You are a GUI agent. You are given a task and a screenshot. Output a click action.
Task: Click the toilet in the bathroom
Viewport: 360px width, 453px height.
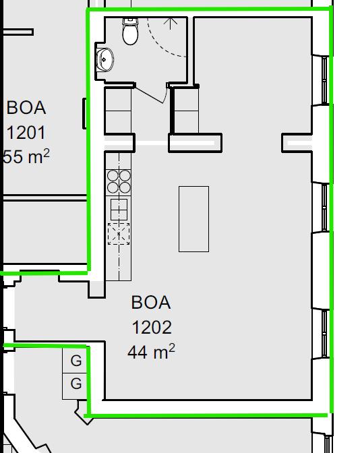[x=130, y=31]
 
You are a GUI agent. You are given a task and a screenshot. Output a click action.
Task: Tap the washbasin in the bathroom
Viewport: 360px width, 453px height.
[x=105, y=59]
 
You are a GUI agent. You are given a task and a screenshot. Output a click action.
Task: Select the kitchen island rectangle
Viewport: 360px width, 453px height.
[x=193, y=219]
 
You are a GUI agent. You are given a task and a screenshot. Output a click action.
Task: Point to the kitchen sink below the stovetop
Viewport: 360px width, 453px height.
[x=119, y=210]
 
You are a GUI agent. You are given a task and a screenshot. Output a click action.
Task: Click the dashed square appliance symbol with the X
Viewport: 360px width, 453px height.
[x=119, y=234]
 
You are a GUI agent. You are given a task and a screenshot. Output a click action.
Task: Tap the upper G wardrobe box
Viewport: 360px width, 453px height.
[x=75, y=360]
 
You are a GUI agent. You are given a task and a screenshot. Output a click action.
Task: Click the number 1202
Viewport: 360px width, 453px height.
[x=152, y=328]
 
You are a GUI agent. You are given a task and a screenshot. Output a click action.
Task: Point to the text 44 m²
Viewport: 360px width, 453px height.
[x=151, y=352]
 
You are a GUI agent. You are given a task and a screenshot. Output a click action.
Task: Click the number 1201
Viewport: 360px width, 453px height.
[x=26, y=133]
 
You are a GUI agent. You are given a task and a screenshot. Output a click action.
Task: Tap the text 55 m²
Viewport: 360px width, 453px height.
[x=26, y=156]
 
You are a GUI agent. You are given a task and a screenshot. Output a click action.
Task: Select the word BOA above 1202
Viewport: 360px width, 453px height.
[x=151, y=302]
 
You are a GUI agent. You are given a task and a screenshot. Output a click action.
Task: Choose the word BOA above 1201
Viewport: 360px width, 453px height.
[x=26, y=108]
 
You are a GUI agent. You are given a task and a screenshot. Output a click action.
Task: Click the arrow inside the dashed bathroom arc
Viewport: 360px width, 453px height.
[x=171, y=23]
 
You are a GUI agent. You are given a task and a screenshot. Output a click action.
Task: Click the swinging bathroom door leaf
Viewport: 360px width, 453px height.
[x=150, y=94]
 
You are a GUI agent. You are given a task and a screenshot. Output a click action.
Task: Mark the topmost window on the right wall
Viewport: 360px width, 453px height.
[x=324, y=80]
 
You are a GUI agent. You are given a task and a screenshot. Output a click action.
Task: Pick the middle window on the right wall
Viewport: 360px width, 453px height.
[x=324, y=207]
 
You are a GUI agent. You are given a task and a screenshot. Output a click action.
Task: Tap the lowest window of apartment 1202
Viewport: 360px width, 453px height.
[x=324, y=334]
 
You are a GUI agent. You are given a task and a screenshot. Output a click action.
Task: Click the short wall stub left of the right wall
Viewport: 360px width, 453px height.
[x=297, y=143]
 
